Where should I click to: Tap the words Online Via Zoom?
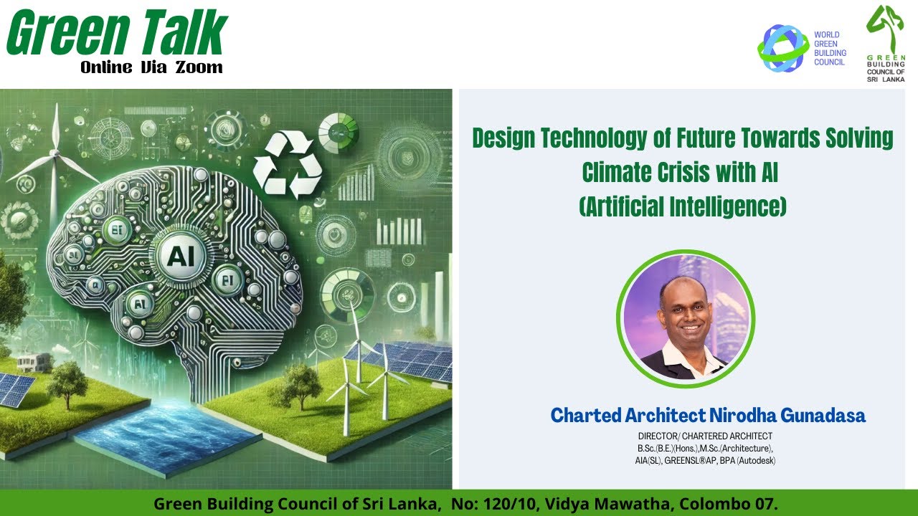click(151, 67)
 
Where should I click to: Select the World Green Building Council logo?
click(803, 48)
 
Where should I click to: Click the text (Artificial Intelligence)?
click(682, 207)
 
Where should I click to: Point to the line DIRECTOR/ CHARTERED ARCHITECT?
click(705, 436)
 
